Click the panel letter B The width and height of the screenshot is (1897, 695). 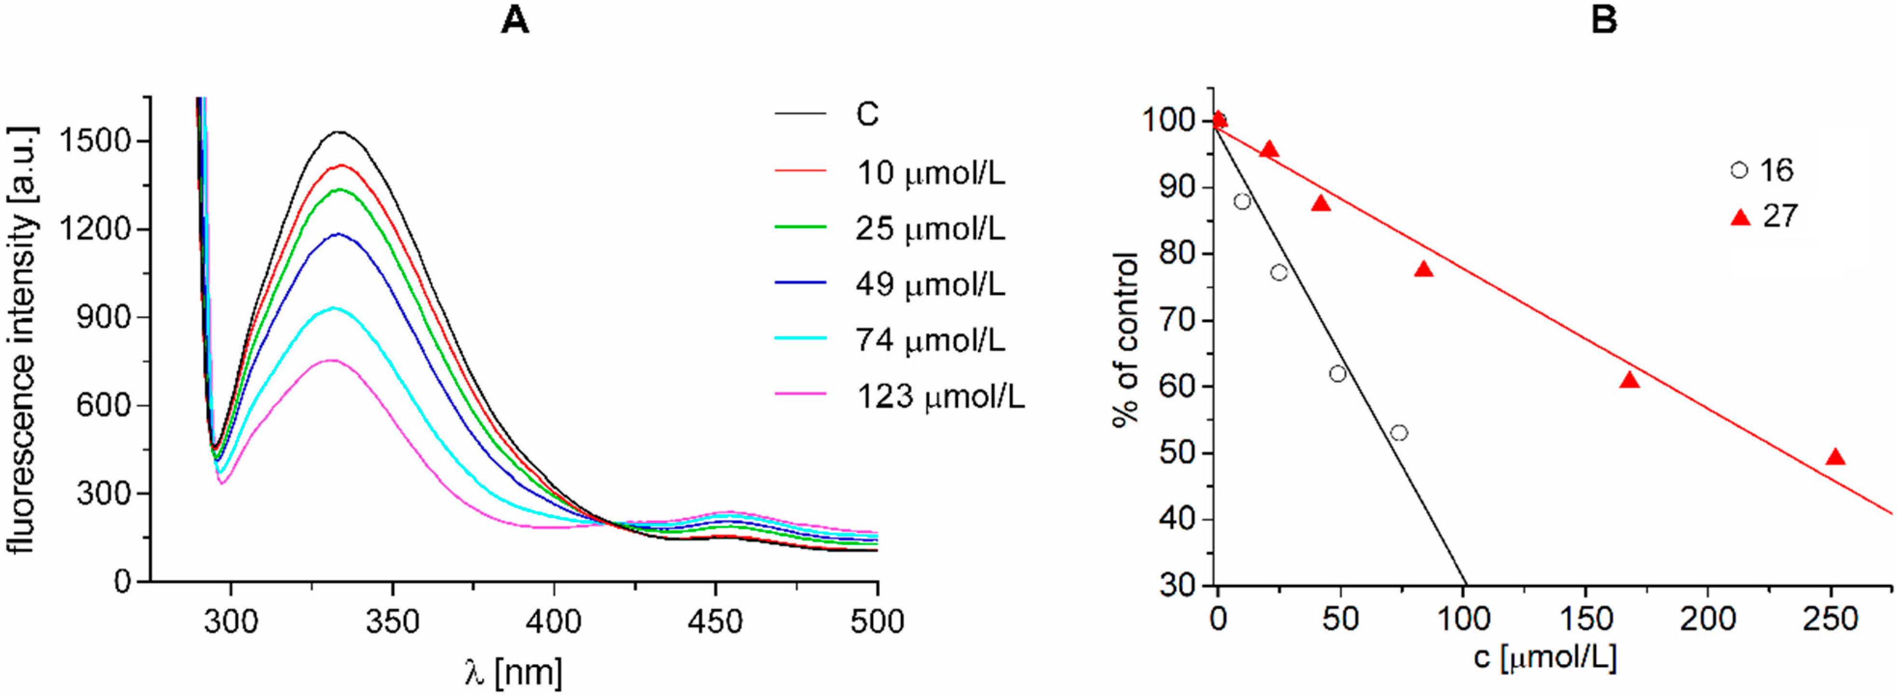[x=1604, y=21]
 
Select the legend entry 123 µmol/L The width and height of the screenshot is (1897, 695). [x=940, y=397]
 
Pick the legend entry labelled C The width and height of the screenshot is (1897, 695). [x=867, y=115]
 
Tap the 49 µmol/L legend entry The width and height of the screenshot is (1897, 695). [x=929, y=284]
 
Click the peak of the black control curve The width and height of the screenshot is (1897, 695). [x=339, y=133]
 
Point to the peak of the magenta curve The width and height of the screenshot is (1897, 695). [x=332, y=361]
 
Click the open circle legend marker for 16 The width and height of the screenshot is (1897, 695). [x=1739, y=170]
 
